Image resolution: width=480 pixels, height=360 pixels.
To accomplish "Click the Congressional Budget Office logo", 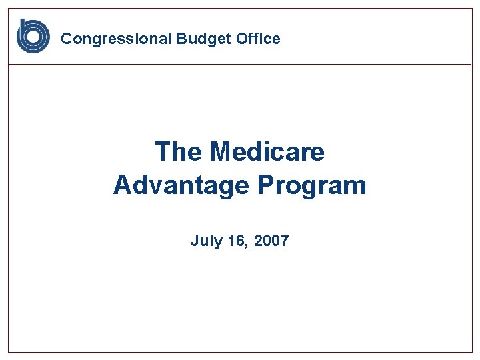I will tap(33, 36).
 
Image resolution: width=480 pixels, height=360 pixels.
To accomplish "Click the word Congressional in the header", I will tap(117, 39).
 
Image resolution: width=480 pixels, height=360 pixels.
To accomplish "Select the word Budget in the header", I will tap(204, 39).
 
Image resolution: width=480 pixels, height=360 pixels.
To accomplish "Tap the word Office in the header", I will tap(258, 39).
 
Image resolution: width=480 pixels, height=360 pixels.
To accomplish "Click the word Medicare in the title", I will tap(267, 152).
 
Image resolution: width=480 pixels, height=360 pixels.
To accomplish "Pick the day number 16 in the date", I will tap(237, 241).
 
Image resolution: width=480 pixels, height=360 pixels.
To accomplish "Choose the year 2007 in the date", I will tap(271, 241).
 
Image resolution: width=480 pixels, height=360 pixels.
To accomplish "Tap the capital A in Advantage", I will tap(123, 185).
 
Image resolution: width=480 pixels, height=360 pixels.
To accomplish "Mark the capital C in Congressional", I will tap(66, 39).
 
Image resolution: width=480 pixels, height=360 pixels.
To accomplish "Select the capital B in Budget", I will tap(181, 39).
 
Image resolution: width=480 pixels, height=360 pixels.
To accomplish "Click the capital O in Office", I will tap(241, 39).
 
